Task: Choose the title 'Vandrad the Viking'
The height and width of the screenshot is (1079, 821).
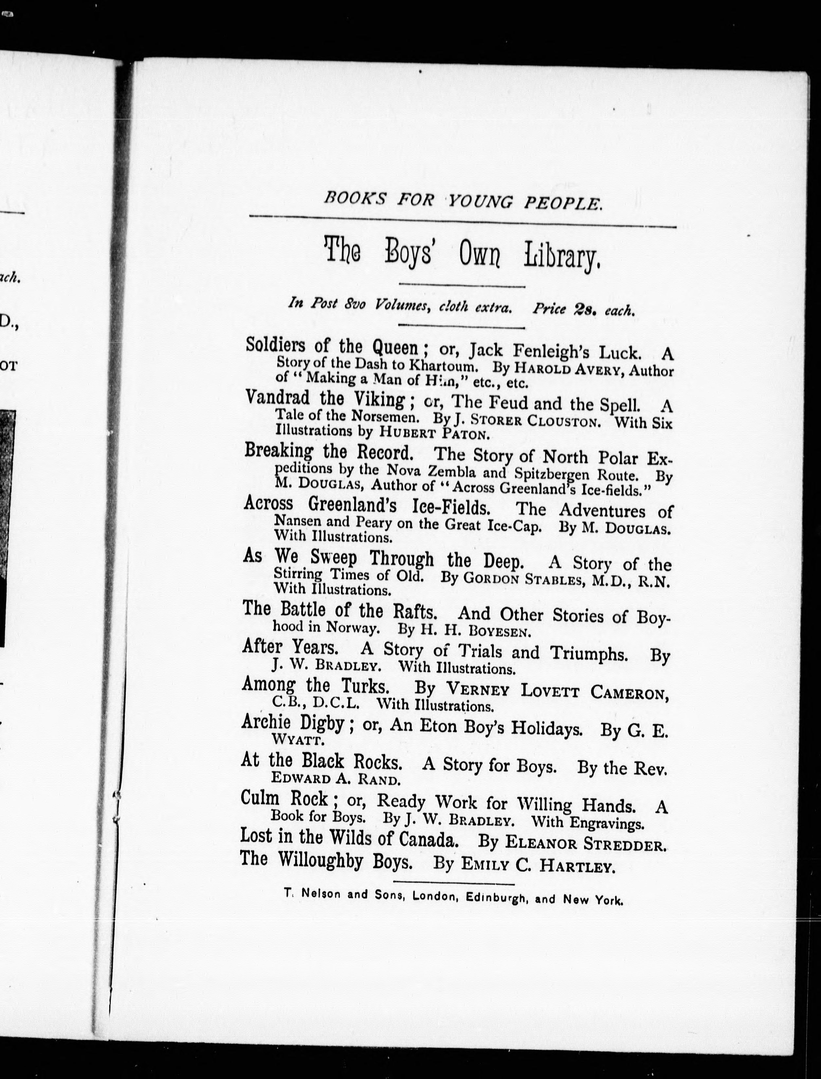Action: point(325,399)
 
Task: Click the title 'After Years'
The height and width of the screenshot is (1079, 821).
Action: point(290,648)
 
